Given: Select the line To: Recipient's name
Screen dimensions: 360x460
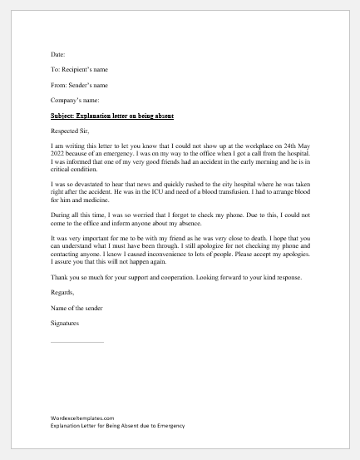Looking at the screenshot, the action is pyautogui.click(x=79, y=69).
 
